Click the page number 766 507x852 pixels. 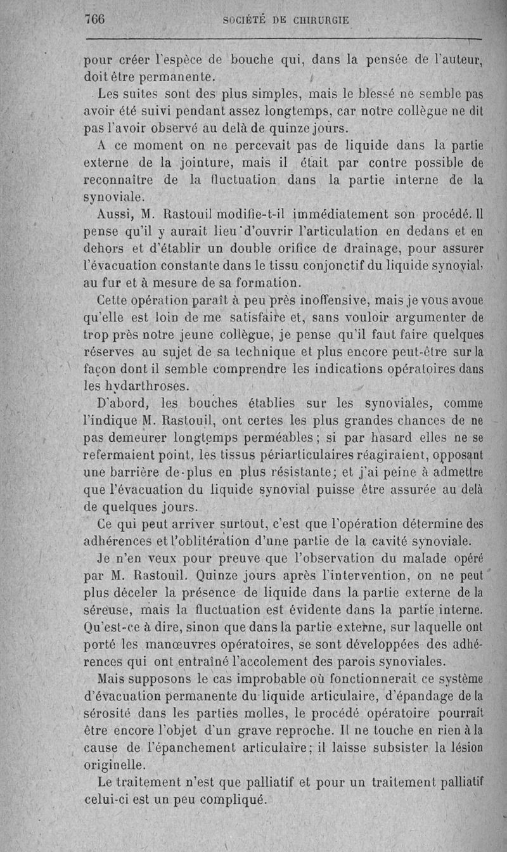[x=94, y=19]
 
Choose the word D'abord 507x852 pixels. [x=123, y=403]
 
